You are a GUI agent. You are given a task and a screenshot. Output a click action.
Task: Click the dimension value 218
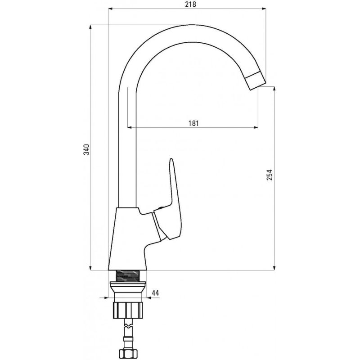[191, 4]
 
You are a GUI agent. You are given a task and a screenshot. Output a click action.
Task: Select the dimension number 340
[86, 149]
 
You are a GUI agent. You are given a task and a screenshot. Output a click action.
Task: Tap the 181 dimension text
[193, 123]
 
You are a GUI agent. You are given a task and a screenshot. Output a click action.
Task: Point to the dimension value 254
[270, 175]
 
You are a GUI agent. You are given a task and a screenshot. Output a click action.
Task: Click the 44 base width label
[155, 293]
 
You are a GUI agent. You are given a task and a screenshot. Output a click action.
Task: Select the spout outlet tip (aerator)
[255, 81]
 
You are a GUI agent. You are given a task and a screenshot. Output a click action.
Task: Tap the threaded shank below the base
[127, 276]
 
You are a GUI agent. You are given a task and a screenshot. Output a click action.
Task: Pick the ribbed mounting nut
[128, 310]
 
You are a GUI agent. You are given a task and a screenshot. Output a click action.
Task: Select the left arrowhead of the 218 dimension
[111, 9]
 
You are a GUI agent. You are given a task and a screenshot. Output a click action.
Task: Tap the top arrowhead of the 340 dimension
[90, 27]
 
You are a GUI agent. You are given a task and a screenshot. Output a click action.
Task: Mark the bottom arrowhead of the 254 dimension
[274, 267]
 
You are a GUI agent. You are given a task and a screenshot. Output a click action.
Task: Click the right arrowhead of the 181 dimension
[255, 127]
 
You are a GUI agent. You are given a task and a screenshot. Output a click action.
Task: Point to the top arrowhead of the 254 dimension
[274, 90]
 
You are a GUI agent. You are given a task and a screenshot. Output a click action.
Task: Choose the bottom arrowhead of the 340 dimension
[90, 267]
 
